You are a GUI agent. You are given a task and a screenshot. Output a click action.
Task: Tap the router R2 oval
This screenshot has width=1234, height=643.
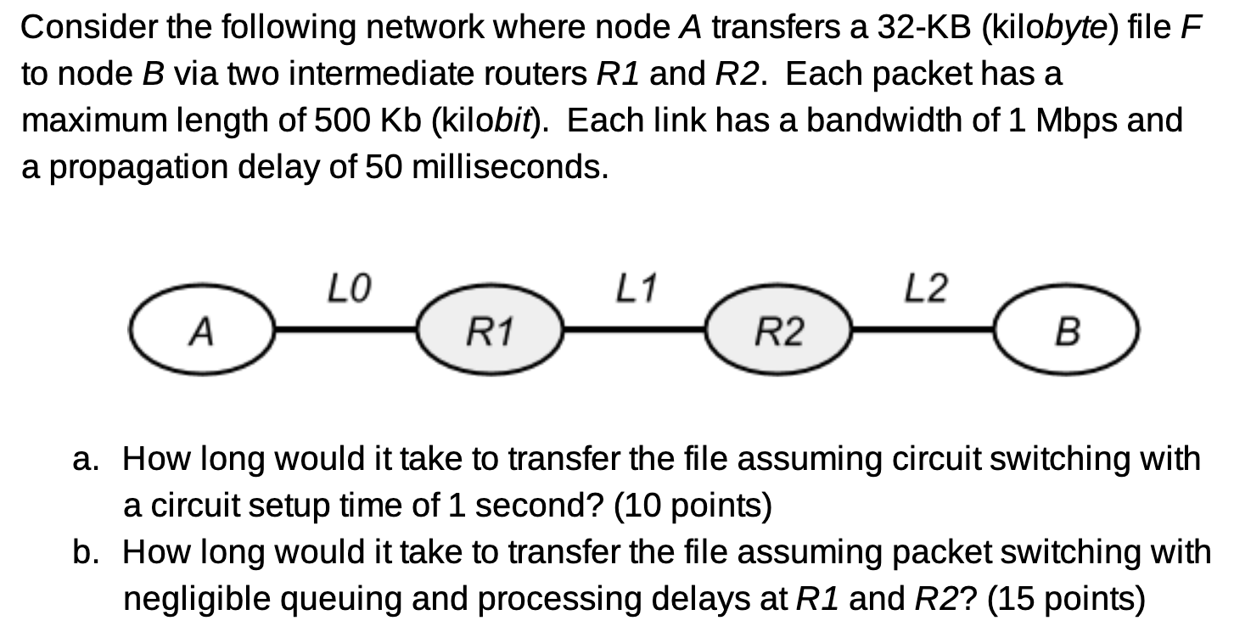coord(779,330)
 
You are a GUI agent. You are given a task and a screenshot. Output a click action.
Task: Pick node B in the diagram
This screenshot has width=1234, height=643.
coord(1066,330)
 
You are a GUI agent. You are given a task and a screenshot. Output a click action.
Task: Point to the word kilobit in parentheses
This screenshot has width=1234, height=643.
coord(485,120)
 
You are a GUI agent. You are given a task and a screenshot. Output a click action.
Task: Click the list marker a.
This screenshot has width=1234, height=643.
coord(85,460)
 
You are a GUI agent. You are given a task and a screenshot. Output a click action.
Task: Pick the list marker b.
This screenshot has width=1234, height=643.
coord(85,553)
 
